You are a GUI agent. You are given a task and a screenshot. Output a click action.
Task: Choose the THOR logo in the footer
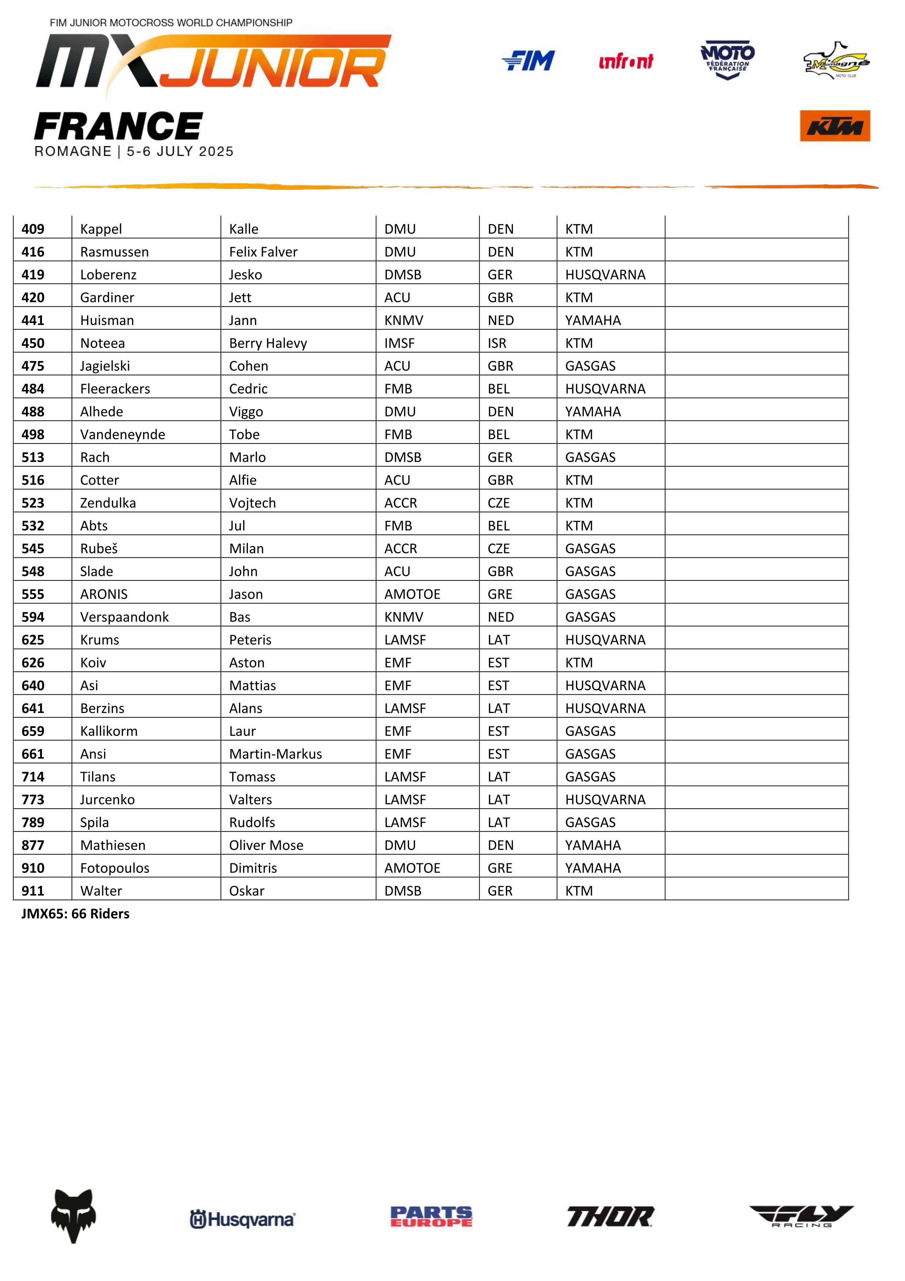pyautogui.click(x=610, y=1216)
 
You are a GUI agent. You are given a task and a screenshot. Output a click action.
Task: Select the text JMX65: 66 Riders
pyautogui.click(x=75, y=914)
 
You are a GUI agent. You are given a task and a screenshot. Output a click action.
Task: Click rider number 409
pyautogui.click(x=33, y=229)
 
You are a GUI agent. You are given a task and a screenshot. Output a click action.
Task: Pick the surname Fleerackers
pyautogui.click(x=115, y=389)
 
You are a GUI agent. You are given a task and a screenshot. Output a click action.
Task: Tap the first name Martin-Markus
pyautogui.click(x=276, y=754)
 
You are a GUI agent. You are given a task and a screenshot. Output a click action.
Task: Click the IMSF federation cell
pyautogui.click(x=399, y=343)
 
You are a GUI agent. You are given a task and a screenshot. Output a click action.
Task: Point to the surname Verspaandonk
pyautogui.click(x=124, y=617)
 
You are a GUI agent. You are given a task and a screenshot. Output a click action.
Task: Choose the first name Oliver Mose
pyautogui.click(x=266, y=845)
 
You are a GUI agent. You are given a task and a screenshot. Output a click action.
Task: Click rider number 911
pyautogui.click(x=33, y=891)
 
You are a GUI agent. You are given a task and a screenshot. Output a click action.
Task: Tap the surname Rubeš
pyautogui.click(x=99, y=548)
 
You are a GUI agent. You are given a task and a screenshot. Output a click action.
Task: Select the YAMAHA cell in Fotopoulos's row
pyautogui.click(x=593, y=868)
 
